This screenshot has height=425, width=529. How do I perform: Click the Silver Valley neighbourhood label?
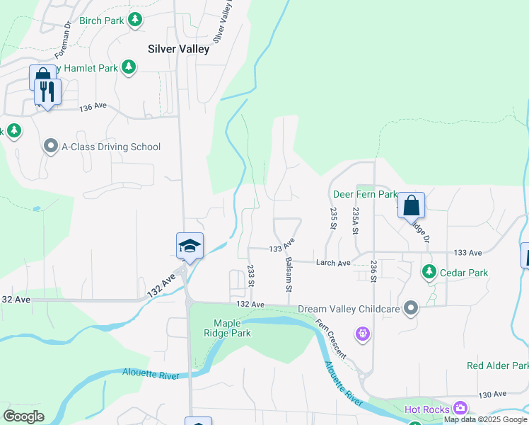[x=178, y=49]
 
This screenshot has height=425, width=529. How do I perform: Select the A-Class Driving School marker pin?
[x=51, y=147]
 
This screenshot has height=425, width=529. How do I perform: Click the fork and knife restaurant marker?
[x=47, y=92]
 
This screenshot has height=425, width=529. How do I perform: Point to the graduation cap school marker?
[x=190, y=246]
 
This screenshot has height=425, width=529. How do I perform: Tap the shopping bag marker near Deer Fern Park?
[x=411, y=206]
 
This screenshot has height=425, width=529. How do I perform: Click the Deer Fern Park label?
[x=365, y=194]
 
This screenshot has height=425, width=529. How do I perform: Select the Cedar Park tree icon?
[x=429, y=272]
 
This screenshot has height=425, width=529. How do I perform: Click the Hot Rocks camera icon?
[x=461, y=408]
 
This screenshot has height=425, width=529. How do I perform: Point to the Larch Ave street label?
[x=333, y=263]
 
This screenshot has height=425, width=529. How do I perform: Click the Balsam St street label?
[x=289, y=275]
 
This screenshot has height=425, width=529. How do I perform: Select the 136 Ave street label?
[x=93, y=106]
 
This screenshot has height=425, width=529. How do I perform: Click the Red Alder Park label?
[x=497, y=365]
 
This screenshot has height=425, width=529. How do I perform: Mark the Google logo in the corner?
[x=24, y=416]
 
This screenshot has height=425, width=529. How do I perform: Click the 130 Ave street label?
[x=494, y=394]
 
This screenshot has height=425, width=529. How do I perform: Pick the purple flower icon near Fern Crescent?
[x=364, y=333]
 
